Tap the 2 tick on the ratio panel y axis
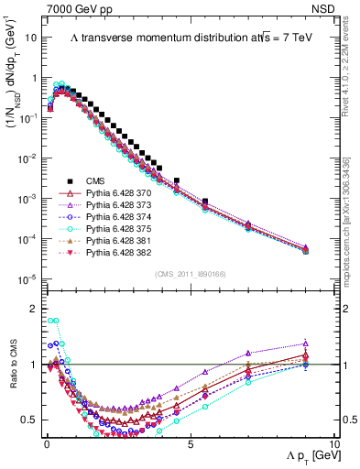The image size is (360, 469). [32, 310]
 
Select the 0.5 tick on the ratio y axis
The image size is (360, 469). [28, 420]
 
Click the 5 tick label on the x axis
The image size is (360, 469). [190, 443]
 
